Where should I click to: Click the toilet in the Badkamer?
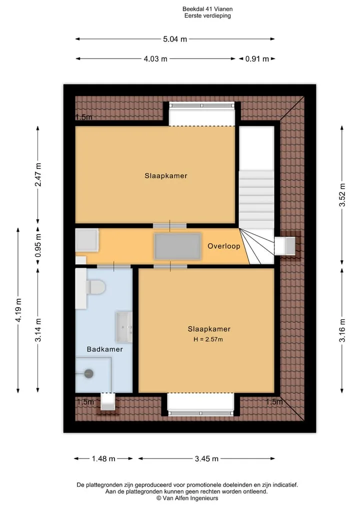tap(95, 287)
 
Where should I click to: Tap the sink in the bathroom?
tap(124, 327)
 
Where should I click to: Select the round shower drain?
tap(89, 374)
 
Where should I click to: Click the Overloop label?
tap(224, 246)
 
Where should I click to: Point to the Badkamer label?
tap(105, 349)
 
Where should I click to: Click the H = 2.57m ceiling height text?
tap(208, 340)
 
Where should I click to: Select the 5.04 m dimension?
tap(175, 39)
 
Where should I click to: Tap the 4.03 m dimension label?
tap(155, 59)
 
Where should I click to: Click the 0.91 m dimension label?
tap(257, 59)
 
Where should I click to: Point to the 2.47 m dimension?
tap(38, 175)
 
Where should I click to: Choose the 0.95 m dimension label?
tap(38, 245)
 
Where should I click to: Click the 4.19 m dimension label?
tap(18, 310)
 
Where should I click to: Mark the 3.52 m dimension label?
tap(342, 195)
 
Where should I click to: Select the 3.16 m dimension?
tap(342, 331)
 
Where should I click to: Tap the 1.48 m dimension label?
tap(103, 459)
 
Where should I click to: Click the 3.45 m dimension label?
tap(206, 459)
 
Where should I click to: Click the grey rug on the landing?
tap(177, 246)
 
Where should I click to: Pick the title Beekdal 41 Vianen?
tap(207, 9)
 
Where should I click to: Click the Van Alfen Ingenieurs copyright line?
tap(187, 499)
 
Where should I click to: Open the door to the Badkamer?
tap(113, 266)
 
